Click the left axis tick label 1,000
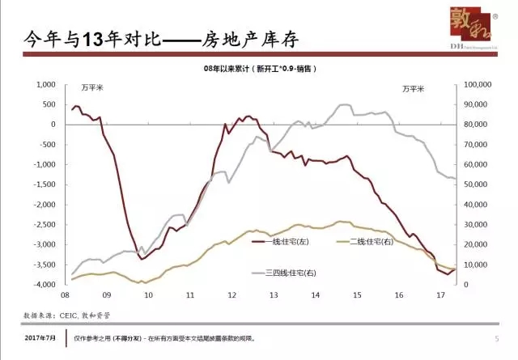pyautogui.click(x=43, y=84)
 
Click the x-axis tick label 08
pyautogui.click(x=65, y=295)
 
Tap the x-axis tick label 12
pyautogui.click(x=231, y=295)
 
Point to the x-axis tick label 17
pyautogui.click(x=440, y=295)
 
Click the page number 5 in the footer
pyautogui.click(x=495, y=339)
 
